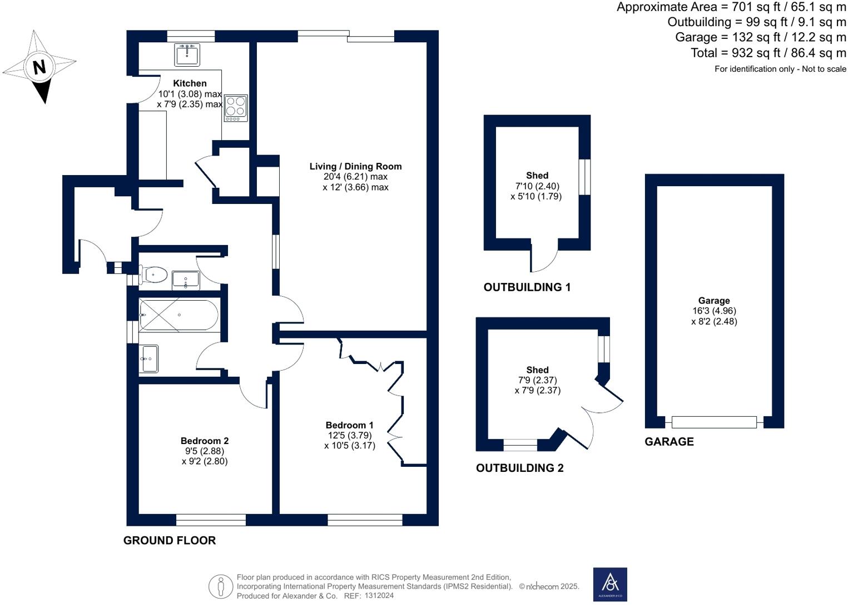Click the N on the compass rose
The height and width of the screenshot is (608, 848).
coord(39,67)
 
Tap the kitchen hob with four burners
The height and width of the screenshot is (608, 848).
coord(236,108)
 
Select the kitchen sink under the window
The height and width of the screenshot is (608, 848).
coord(187,54)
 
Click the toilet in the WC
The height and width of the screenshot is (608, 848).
coord(155,274)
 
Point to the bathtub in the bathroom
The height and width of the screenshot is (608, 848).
coord(178,315)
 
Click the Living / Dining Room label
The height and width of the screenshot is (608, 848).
coord(355,166)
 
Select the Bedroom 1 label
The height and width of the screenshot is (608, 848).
coord(349,425)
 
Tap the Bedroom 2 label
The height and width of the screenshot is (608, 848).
coord(204,441)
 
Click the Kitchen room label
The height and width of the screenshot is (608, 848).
coord(190,83)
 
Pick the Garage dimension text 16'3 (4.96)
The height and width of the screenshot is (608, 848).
coord(714,311)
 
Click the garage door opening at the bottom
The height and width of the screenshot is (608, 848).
coord(714,422)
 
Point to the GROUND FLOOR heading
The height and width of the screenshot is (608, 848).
coord(170,540)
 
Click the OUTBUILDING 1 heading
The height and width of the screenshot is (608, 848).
coord(527,287)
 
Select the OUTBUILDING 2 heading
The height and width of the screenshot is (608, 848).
coord(519,468)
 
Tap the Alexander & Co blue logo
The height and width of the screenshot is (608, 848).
coord(610,584)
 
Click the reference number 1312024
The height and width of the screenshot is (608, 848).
coord(379,596)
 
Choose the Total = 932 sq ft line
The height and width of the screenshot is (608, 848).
coord(768,53)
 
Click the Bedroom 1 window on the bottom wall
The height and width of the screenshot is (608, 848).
coord(365,520)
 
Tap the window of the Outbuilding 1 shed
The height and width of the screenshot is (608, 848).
coord(584,177)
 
